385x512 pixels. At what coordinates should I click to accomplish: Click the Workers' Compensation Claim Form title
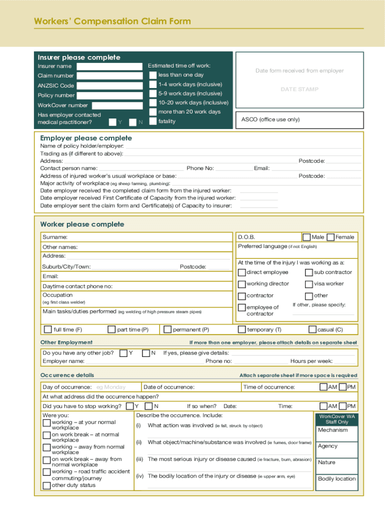pyautogui.click(x=112, y=21)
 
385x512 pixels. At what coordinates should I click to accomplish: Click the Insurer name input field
pyautogui.click(x=109, y=66)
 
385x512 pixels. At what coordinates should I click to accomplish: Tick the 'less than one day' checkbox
pyautogui.click(x=153, y=75)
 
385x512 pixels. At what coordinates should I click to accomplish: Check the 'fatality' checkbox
pyautogui.click(x=153, y=121)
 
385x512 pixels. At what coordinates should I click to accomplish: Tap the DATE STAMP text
pyautogui.click(x=299, y=89)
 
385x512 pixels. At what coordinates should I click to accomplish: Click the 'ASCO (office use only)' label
pyautogui.click(x=270, y=119)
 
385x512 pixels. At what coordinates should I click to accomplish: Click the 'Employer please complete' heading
pyautogui.click(x=86, y=138)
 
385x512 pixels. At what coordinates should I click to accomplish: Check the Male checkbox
pyautogui.click(x=306, y=237)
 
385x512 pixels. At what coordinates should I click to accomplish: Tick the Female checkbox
pyautogui.click(x=330, y=237)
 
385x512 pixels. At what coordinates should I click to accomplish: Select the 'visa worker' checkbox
pyautogui.click(x=309, y=284)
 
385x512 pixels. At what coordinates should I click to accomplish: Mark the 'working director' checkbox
pyautogui.click(x=242, y=284)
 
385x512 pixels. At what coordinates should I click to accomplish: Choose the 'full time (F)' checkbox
pyautogui.click(x=47, y=329)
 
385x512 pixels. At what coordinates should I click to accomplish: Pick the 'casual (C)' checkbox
pyautogui.click(x=313, y=329)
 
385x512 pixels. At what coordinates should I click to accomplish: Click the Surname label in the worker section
pyautogui.click(x=55, y=237)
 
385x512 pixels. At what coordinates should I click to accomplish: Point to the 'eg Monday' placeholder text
pyautogui.click(x=110, y=387)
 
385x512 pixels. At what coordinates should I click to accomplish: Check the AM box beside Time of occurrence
pyautogui.click(x=323, y=387)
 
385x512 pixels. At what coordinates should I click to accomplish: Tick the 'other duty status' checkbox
pyautogui.click(x=47, y=485)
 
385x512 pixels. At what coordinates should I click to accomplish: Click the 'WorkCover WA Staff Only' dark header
pyautogui.click(x=337, y=419)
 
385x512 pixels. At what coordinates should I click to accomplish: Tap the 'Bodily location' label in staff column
pyautogui.click(x=336, y=479)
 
